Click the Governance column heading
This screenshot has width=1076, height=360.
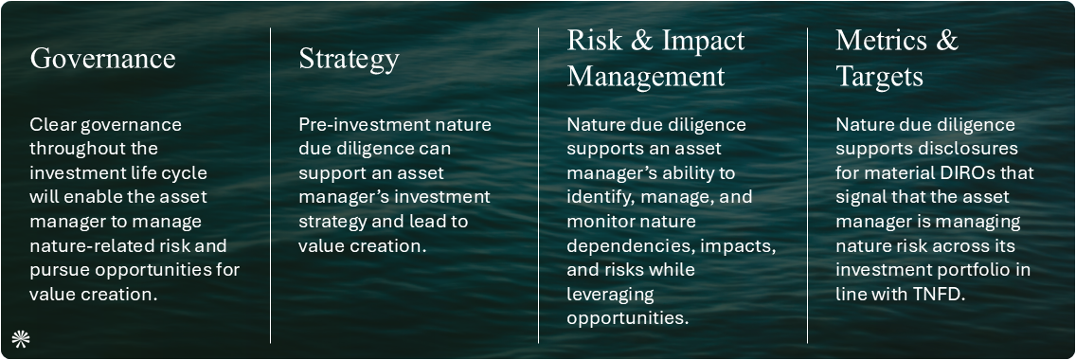pyautogui.click(x=102, y=59)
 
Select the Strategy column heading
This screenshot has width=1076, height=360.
pyautogui.click(x=349, y=59)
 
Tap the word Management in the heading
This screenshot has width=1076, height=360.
pyautogui.click(x=646, y=76)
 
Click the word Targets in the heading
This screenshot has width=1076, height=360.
pyautogui.click(x=879, y=76)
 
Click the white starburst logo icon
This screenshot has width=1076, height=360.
pyautogui.click(x=19, y=338)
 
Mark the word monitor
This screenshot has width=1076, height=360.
pyautogui.click(x=601, y=222)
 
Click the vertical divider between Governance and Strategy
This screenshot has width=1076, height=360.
pyautogui.click(x=271, y=185)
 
